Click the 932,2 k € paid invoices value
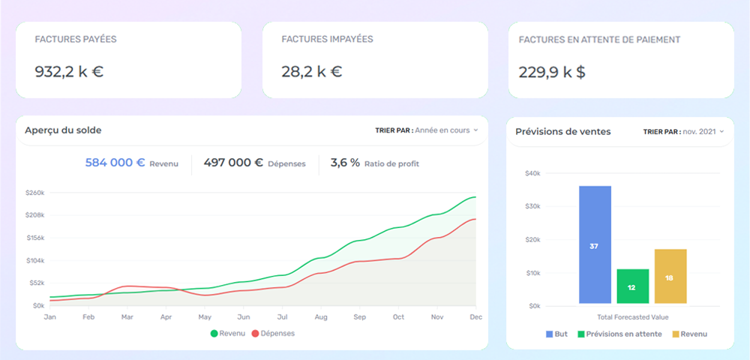70,72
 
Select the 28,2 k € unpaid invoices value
311,72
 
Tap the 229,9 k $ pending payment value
552,72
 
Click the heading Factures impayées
327,39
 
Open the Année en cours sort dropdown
445,130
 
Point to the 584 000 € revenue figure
115,162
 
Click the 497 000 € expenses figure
233,163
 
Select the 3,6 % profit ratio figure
345,163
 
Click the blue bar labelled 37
594,244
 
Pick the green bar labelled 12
632,286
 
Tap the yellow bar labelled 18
670,276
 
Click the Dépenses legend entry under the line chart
273,333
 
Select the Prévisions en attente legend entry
619,334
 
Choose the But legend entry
556,334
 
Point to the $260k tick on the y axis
35,193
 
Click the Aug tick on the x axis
321,317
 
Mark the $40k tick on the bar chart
532,173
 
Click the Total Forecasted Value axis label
632,316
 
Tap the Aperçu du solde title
63,130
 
